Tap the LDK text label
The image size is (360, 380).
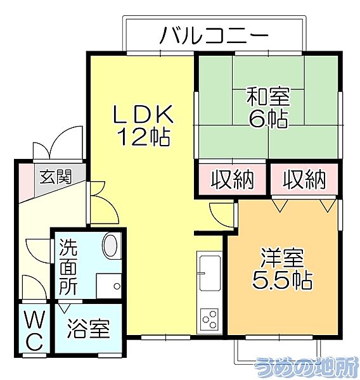click(143, 115)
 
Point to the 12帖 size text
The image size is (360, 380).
click(143, 137)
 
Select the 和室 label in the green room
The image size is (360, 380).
click(268, 98)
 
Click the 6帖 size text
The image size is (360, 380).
click(268, 118)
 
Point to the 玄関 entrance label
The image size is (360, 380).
click(56, 177)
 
